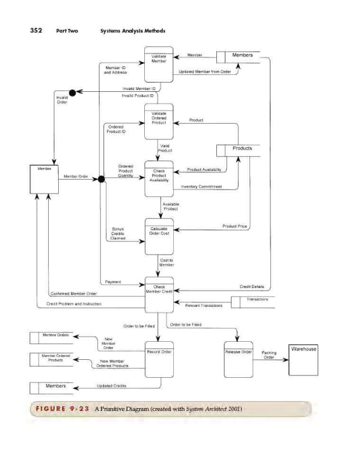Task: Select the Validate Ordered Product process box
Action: pos(159,121)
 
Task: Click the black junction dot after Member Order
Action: pos(101,179)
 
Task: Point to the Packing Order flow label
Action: pos(269,355)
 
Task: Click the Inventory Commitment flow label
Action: pos(201,187)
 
